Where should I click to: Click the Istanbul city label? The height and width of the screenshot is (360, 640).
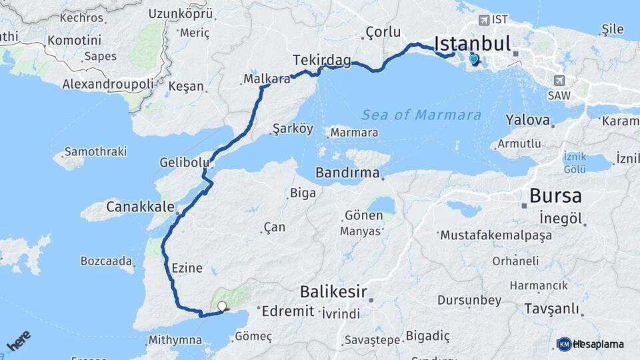coord(472,44)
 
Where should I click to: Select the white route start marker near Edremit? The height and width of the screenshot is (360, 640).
coord(222,307)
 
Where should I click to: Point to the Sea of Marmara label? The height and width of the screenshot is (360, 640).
coord(421,115)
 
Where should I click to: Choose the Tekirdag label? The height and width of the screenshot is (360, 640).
coord(322,61)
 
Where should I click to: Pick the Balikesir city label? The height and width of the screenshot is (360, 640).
coord(334,291)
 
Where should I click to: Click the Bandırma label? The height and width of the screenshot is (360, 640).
coord(347,173)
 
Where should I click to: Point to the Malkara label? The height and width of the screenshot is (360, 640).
coord(267,79)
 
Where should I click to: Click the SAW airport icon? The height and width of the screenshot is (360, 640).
coord(558,80)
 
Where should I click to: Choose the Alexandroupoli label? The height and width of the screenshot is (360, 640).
coord(108,84)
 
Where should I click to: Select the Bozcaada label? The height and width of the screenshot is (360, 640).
coord(107,261)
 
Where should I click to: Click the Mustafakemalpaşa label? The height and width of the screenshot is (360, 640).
coord(487,235)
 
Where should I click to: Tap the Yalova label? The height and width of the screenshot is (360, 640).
coord(527,121)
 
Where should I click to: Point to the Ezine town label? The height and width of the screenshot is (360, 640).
coord(187,268)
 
